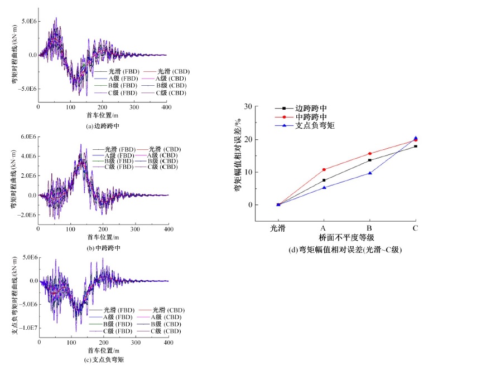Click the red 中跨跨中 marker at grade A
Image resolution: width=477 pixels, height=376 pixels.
[x=324, y=169]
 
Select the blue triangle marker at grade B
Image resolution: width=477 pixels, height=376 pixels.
[x=369, y=173]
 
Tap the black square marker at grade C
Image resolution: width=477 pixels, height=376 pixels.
[x=415, y=146]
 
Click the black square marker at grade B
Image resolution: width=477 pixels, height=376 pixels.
[x=369, y=160]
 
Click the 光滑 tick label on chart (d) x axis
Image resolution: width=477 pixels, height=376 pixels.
[x=278, y=228]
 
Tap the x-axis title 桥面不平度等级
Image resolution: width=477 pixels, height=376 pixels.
[x=346, y=237]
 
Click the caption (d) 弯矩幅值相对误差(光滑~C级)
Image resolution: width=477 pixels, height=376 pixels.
[x=346, y=250]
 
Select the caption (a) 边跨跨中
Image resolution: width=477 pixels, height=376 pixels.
[x=104, y=126]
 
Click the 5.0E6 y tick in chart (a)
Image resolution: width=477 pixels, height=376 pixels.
[x=29, y=21]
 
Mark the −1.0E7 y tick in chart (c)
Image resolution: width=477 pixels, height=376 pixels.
[x=27, y=328]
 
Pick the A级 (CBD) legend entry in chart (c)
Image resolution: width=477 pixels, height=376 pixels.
[x=166, y=317]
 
